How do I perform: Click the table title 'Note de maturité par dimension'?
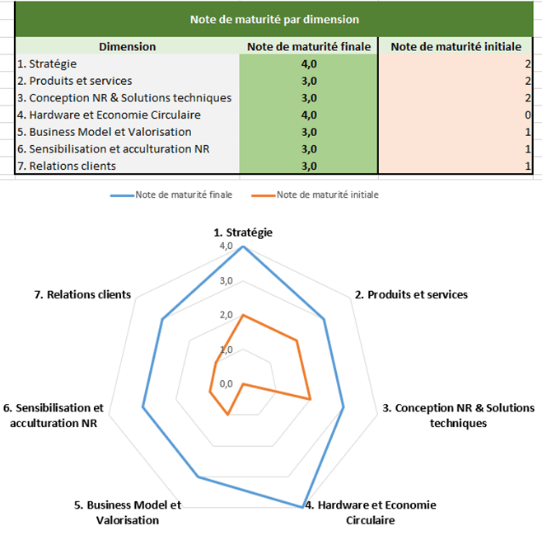click(x=273, y=18)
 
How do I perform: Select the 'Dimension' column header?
click(x=127, y=47)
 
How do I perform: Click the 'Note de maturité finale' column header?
click(x=308, y=47)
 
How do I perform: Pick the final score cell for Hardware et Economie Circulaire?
click(x=308, y=115)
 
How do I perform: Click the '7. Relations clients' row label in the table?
click(x=66, y=166)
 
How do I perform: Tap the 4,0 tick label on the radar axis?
click(x=226, y=246)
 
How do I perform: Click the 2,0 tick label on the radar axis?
click(x=226, y=316)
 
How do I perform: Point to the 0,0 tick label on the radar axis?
click(x=226, y=384)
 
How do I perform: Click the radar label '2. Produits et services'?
click(x=410, y=294)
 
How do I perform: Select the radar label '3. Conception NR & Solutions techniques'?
click(x=458, y=415)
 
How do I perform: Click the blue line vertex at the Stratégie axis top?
click(x=242, y=246)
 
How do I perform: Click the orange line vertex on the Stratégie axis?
click(x=242, y=316)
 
